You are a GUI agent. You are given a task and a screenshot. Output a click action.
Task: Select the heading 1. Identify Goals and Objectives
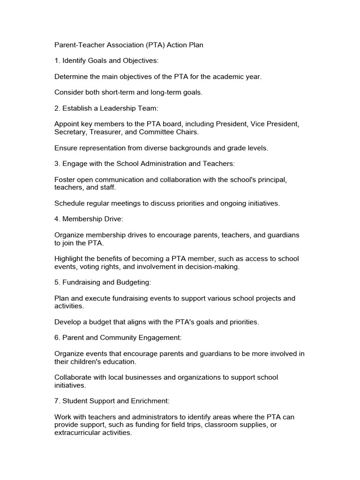(x=106, y=60)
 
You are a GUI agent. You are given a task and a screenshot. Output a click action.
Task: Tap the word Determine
(x=72, y=76)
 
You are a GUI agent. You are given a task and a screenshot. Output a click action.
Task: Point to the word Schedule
(x=70, y=203)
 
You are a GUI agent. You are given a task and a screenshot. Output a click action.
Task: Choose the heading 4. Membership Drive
(x=89, y=219)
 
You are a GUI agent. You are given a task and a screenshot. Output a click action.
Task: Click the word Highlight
(x=70, y=259)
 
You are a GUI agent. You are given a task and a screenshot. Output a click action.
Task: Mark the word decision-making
(x=211, y=266)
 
